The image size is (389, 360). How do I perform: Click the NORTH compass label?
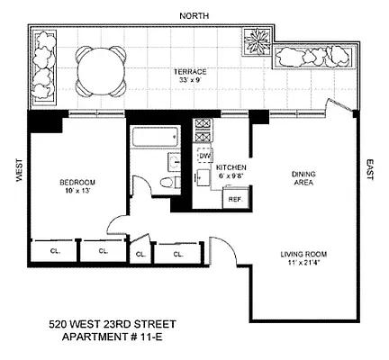194,16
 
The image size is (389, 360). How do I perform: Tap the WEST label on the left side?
19,170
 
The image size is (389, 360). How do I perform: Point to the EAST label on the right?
369,169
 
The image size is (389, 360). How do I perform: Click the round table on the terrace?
101,71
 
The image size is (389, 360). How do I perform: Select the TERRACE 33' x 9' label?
190,76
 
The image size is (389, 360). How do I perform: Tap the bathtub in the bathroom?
155,137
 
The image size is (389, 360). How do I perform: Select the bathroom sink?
174,162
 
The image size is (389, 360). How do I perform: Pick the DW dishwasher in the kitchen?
204,156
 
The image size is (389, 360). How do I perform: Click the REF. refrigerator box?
235,199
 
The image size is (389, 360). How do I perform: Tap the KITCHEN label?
231,167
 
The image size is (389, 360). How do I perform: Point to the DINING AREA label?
303,178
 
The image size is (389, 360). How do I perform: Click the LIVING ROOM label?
303,258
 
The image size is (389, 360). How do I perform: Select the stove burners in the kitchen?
204,130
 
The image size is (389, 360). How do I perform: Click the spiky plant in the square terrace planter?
256,41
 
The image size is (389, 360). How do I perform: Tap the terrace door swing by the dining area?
341,105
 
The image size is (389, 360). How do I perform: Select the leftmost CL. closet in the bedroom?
55,251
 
